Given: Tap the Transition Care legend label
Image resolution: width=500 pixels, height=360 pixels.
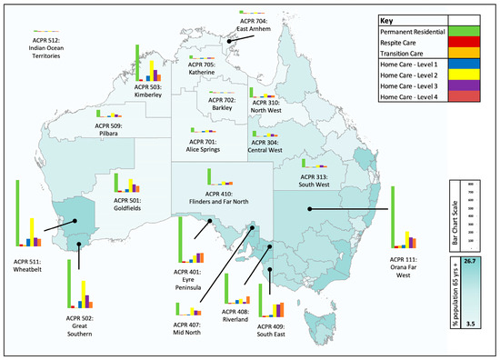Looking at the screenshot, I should [x=410, y=53].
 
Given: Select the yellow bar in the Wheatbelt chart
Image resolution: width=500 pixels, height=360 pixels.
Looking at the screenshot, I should [x=33, y=232].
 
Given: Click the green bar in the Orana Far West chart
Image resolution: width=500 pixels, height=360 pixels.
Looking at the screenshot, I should [x=393, y=217].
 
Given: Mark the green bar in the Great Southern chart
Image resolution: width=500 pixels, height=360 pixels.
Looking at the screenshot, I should [x=70, y=285].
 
